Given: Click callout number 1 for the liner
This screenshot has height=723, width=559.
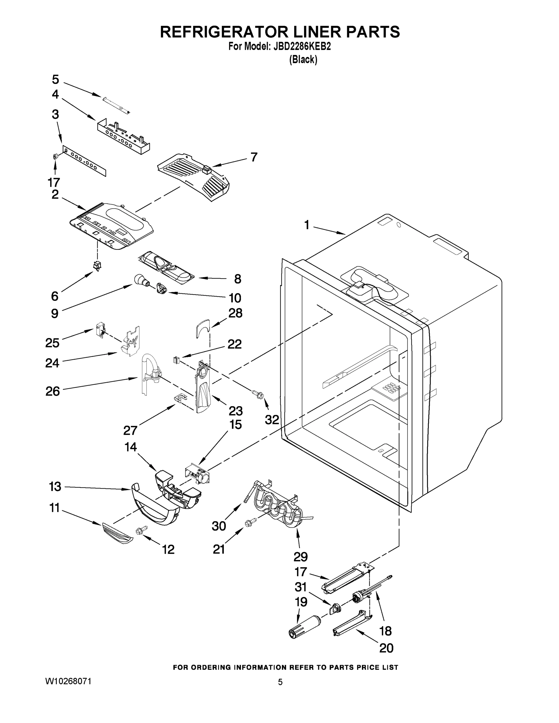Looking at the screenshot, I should [x=307, y=225].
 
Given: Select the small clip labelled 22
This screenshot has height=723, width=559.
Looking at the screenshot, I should [x=176, y=359].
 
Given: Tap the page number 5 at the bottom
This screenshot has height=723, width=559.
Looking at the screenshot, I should [x=280, y=682].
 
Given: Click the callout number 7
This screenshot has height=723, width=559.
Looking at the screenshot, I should [x=254, y=157].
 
